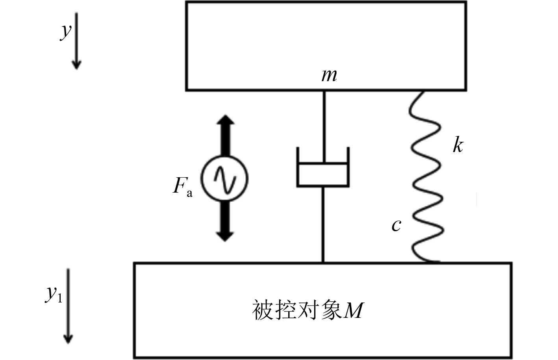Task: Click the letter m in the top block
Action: click(329, 75)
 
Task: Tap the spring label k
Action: click(458, 145)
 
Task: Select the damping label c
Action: click(396, 225)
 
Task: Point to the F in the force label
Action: click(180, 185)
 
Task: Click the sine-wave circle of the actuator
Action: click(224, 178)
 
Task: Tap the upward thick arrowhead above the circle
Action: click(225, 120)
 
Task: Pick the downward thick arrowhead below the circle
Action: click(225, 236)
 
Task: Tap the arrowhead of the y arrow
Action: click(76, 65)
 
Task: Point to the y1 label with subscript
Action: click(54, 293)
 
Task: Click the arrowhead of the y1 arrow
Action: click(69, 339)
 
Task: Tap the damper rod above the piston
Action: click(324, 126)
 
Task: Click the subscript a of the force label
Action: click(189, 193)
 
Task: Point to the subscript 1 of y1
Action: click(59, 298)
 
